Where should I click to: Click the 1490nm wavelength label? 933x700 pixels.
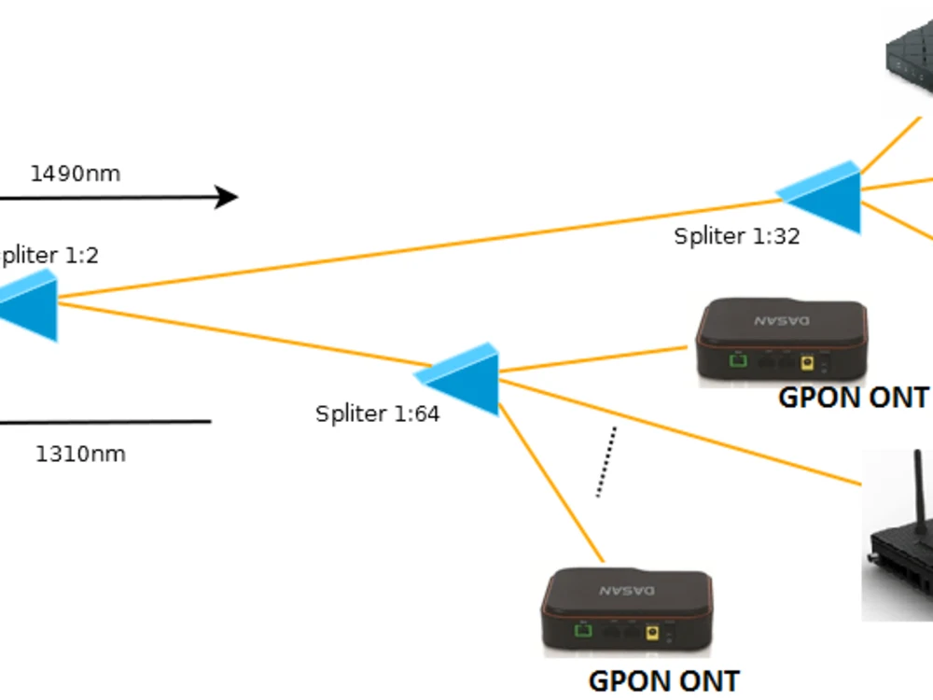point(76,174)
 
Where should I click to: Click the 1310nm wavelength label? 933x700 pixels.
point(80,455)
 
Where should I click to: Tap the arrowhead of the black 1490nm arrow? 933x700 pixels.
point(228,197)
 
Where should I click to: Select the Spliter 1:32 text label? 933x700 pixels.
point(737,236)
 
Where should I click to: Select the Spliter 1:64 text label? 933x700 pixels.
point(377,413)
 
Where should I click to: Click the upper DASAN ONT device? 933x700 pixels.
point(781,342)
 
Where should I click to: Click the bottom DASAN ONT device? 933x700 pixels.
point(627,613)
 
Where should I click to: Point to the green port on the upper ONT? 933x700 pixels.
point(739,360)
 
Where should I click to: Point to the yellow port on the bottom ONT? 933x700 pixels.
point(652,634)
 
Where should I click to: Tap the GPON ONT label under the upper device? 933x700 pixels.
point(853,398)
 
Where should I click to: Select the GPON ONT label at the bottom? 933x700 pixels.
point(663,681)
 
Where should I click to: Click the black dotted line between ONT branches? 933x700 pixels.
point(606,462)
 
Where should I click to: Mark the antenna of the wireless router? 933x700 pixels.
point(917,485)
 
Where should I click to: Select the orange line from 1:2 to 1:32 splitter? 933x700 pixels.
point(420,247)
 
